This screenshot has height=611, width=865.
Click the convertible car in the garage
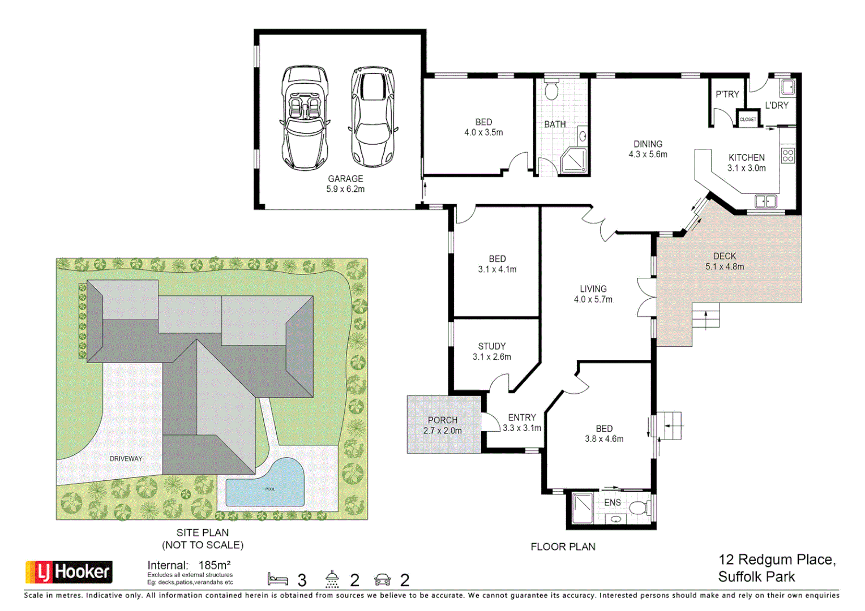point(305,118)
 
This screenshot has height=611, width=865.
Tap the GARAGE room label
point(346,179)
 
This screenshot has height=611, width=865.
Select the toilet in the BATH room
point(551,89)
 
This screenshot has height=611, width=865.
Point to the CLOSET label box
point(748,119)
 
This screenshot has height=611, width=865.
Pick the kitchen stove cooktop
point(788,156)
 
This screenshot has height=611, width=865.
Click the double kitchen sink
point(766,201)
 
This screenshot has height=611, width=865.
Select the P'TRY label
point(727,94)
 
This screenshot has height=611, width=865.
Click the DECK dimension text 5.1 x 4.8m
point(725,266)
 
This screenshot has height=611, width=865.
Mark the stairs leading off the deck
point(705,316)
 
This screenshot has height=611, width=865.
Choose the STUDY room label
point(491,346)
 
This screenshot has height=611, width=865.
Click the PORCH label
point(443,420)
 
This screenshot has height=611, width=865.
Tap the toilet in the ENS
point(640,507)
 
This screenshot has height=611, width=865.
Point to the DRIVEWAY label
point(126,459)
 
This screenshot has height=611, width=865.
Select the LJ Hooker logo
point(69,571)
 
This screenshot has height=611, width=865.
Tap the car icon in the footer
point(382,579)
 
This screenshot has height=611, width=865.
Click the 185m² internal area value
point(215,565)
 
